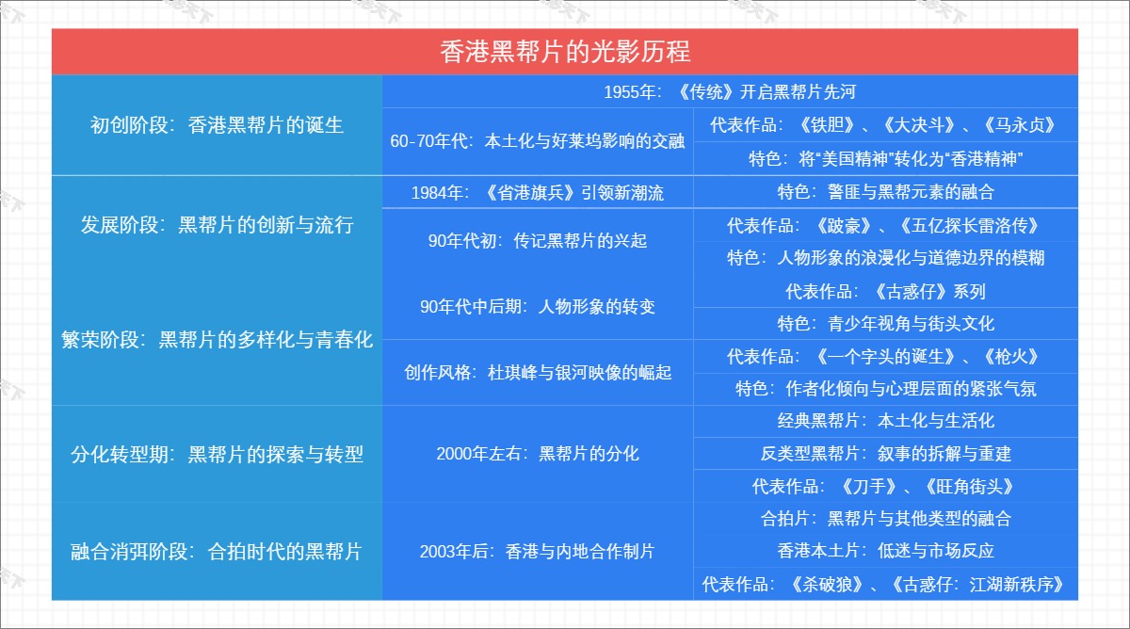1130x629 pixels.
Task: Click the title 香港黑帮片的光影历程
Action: click(565, 52)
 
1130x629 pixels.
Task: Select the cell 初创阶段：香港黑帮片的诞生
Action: click(217, 125)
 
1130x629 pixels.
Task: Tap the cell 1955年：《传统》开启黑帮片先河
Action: click(730, 91)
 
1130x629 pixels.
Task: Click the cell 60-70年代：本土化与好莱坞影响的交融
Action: click(538, 141)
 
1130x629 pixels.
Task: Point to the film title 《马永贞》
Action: click(1020, 125)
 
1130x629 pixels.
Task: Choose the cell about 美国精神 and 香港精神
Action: click(886, 159)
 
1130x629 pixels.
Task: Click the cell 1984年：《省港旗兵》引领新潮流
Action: click(538, 193)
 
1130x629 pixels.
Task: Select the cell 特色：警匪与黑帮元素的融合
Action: click(886, 192)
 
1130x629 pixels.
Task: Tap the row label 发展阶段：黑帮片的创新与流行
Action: click(217, 225)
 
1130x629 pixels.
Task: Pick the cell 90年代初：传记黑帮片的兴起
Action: click(538, 241)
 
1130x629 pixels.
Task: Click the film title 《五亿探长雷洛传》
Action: click(970, 225)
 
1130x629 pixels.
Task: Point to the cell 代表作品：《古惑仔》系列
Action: click(886, 292)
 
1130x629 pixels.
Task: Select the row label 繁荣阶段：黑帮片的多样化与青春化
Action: click(217, 340)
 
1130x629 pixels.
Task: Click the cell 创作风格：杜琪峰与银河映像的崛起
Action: click(538, 373)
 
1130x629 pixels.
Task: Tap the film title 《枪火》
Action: click(1011, 357)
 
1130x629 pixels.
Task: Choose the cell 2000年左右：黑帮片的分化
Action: click(538, 454)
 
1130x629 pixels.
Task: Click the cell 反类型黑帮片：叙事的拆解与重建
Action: click(886, 454)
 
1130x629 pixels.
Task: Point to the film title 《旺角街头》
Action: click(970, 487)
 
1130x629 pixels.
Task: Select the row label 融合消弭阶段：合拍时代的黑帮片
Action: click(217, 552)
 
